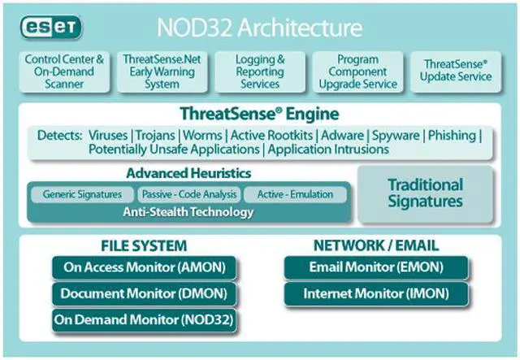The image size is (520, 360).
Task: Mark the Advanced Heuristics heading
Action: pyautogui.click(x=188, y=174)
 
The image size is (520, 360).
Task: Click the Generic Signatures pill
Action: pyautogui.click(x=82, y=195)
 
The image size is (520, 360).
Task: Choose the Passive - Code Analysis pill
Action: pyautogui.click(x=189, y=195)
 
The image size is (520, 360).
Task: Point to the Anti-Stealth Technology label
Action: pyautogui.click(x=189, y=212)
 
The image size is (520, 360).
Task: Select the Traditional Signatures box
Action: pyautogui.click(x=425, y=193)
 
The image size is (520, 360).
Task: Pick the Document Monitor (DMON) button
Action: pyautogui.click(x=144, y=293)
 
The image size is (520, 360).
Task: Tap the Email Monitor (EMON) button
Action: pyautogui.click(x=375, y=267)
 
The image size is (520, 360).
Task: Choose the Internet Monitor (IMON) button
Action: pyautogui.click(x=375, y=293)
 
